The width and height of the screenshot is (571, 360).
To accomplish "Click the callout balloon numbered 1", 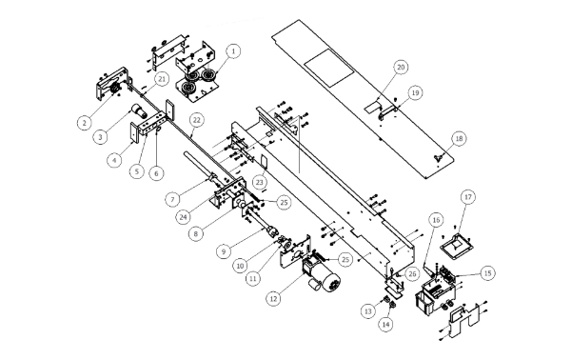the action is coord(233,51).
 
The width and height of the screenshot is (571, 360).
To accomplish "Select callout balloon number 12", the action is coord(273,299).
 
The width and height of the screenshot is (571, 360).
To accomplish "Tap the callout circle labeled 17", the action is coord(468,197).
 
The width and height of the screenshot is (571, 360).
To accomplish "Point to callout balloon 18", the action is coord(460,138).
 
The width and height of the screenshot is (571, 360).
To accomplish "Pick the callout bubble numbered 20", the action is coord(401,67).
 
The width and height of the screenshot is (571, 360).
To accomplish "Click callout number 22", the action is coord(197,120).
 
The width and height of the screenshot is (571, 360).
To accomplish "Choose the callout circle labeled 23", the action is coord(259,182).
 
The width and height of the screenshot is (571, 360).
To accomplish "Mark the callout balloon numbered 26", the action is coord(411,273).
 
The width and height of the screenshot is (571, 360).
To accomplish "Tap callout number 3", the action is coord(101,136).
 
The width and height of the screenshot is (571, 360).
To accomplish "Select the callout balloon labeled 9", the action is coord(224,251).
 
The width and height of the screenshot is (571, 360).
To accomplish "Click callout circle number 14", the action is coord(386,324).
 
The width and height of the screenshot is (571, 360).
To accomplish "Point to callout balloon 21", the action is coord(162,79).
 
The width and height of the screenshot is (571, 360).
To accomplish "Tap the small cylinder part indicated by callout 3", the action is coord(140,110).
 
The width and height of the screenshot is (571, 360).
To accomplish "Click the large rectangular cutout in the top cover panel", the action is coord(329,69).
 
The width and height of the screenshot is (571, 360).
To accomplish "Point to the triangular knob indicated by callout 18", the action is coord(438,157).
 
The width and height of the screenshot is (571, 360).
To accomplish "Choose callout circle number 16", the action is coord(436,220).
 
